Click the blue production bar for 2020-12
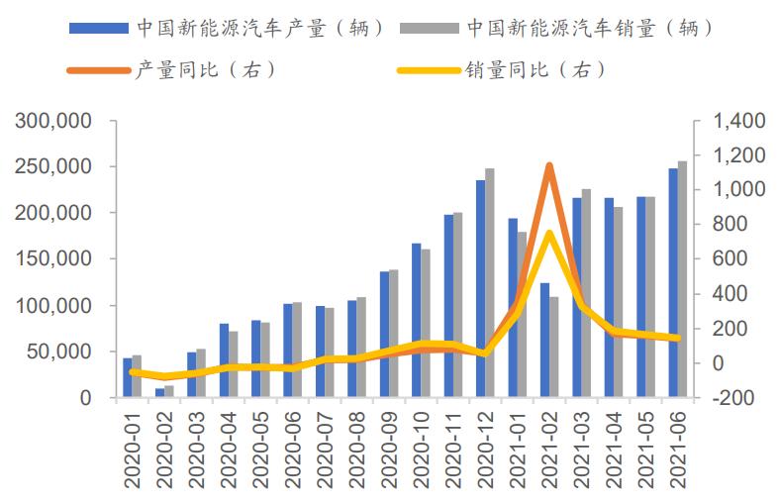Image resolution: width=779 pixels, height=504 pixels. point(480,288)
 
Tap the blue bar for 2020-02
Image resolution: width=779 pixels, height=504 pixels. point(159,393)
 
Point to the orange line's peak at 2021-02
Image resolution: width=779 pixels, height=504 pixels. point(548,165)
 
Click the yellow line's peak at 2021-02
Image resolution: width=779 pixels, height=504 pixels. point(548,234)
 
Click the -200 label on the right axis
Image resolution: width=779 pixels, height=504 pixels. point(733,398)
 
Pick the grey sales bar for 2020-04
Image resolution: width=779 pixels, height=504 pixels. point(233,363)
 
